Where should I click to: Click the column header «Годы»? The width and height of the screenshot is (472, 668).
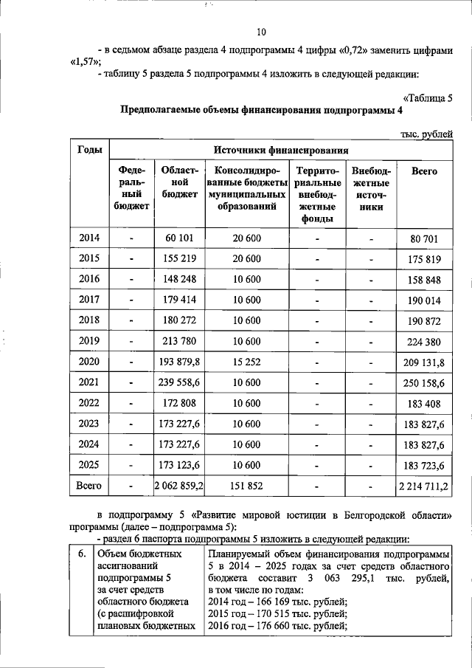88,150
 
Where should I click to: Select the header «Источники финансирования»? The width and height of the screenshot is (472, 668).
281,150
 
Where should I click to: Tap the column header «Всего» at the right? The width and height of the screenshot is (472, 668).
424,171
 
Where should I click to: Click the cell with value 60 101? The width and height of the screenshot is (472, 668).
179,238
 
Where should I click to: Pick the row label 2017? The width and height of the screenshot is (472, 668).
88,300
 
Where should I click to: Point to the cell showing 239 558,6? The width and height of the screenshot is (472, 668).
179,383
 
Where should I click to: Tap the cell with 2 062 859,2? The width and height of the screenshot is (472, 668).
179,487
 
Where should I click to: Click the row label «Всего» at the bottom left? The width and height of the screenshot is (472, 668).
88,486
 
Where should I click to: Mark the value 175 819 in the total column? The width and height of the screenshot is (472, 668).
424,259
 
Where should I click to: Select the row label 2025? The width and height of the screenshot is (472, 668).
88,466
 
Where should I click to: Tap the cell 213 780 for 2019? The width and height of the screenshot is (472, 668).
179,342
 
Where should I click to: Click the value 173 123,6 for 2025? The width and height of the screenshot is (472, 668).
179,466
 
